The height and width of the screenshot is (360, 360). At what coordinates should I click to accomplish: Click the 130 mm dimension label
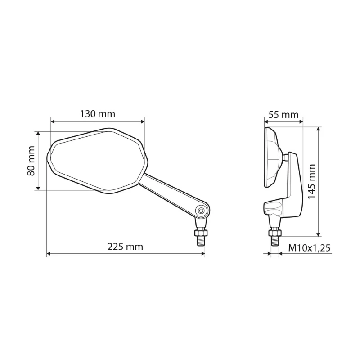pyautogui.click(x=98, y=114)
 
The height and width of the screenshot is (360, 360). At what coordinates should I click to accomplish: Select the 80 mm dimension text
pyautogui.click(x=31, y=161)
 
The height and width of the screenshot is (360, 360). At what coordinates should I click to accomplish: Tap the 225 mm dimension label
pyautogui.click(x=125, y=247)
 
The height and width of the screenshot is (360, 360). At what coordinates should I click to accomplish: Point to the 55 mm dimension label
pyautogui.click(x=283, y=115)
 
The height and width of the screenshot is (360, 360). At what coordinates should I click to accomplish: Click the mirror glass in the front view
pyautogui.click(x=94, y=160)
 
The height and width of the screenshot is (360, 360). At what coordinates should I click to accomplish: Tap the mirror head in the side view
pyautogui.click(x=271, y=157)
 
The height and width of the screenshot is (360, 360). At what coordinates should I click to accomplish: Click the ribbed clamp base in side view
pyautogui.click(x=274, y=209)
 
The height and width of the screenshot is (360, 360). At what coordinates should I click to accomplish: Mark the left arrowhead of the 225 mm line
pyautogui.click(x=49, y=254)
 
